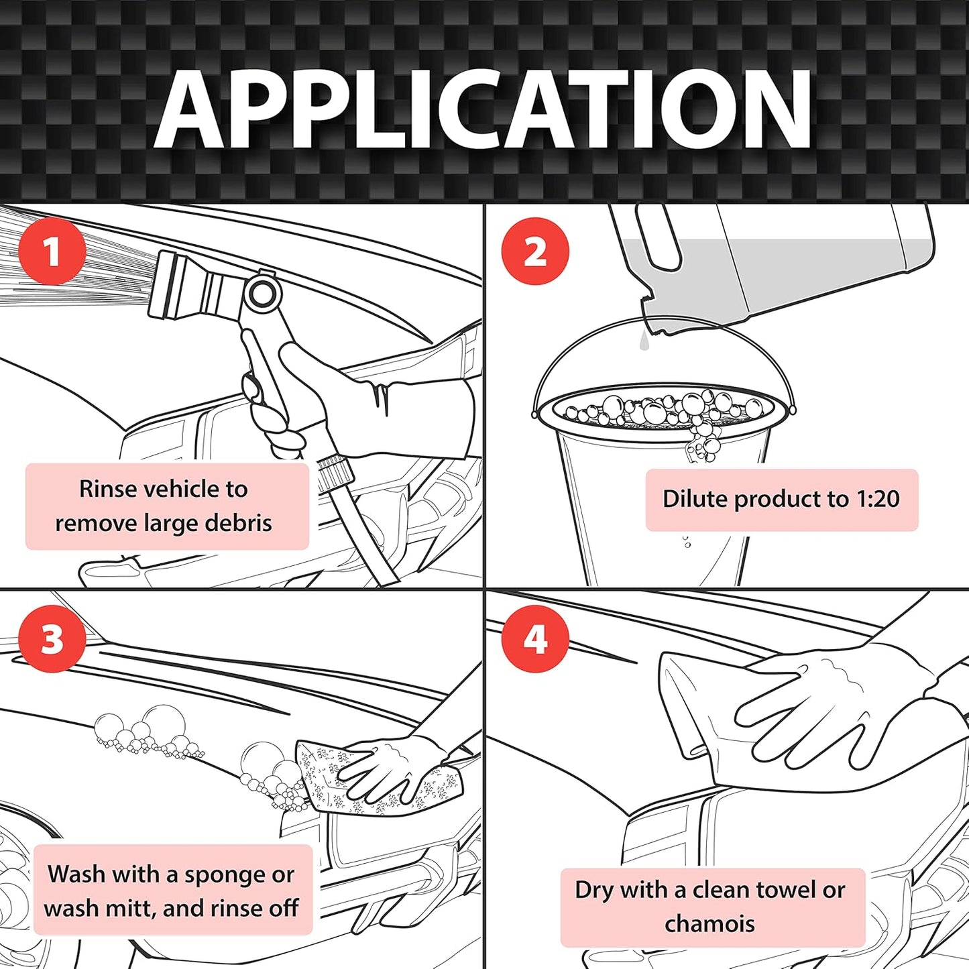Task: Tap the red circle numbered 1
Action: pyautogui.click(x=52, y=251)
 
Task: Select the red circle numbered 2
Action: pyautogui.click(x=535, y=251)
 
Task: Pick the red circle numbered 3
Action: pyautogui.click(x=52, y=638)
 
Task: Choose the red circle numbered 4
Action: pyautogui.click(x=535, y=638)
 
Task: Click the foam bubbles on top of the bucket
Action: pyautogui.click(x=664, y=409)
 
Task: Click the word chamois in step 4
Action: pyautogui.click(x=709, y=924)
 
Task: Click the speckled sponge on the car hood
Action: pyautogui.click(x=322, y=778)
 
